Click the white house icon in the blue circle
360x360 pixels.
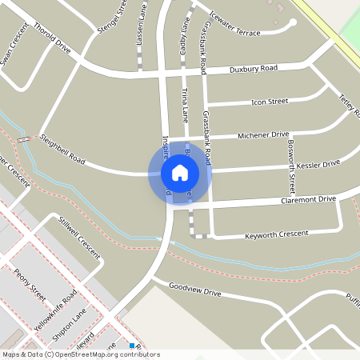coord(179,172)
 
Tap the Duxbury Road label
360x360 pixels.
coord(253,69)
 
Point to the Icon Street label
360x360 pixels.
coord(270,102)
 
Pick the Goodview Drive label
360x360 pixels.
coord(195,290)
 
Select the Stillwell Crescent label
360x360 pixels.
coord(79,238)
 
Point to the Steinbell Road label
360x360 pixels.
coord(62,149)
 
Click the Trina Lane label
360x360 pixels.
coord(186,104)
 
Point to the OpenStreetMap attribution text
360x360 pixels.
coord(81,354)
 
